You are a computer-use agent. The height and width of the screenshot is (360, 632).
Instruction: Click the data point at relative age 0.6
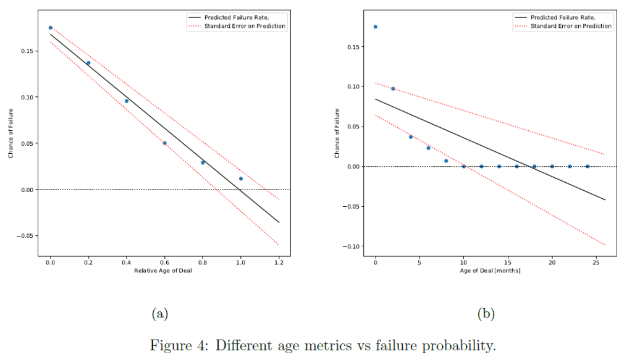164,143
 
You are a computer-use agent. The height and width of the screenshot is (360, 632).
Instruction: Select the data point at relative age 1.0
241,178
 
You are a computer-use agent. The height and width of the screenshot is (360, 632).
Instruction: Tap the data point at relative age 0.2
88,62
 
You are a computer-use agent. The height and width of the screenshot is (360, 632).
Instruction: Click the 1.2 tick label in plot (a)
279,262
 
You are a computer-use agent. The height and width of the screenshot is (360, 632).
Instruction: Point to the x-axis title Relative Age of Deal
164,271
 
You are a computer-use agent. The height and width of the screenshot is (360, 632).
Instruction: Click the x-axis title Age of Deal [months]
490,271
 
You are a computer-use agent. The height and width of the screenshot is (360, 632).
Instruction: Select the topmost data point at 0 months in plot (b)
375,27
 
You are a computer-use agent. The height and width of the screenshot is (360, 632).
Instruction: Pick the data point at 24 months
588,166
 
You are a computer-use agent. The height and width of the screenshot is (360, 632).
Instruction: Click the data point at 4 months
411,136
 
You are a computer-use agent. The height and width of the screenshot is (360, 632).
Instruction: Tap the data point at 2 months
393,88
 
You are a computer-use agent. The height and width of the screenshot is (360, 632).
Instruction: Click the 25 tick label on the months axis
596,262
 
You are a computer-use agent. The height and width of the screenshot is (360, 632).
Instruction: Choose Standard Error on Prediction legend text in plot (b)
571,26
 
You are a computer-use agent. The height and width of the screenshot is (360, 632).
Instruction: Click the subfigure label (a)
160,313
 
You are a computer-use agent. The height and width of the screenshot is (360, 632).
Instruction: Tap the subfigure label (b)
486,313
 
